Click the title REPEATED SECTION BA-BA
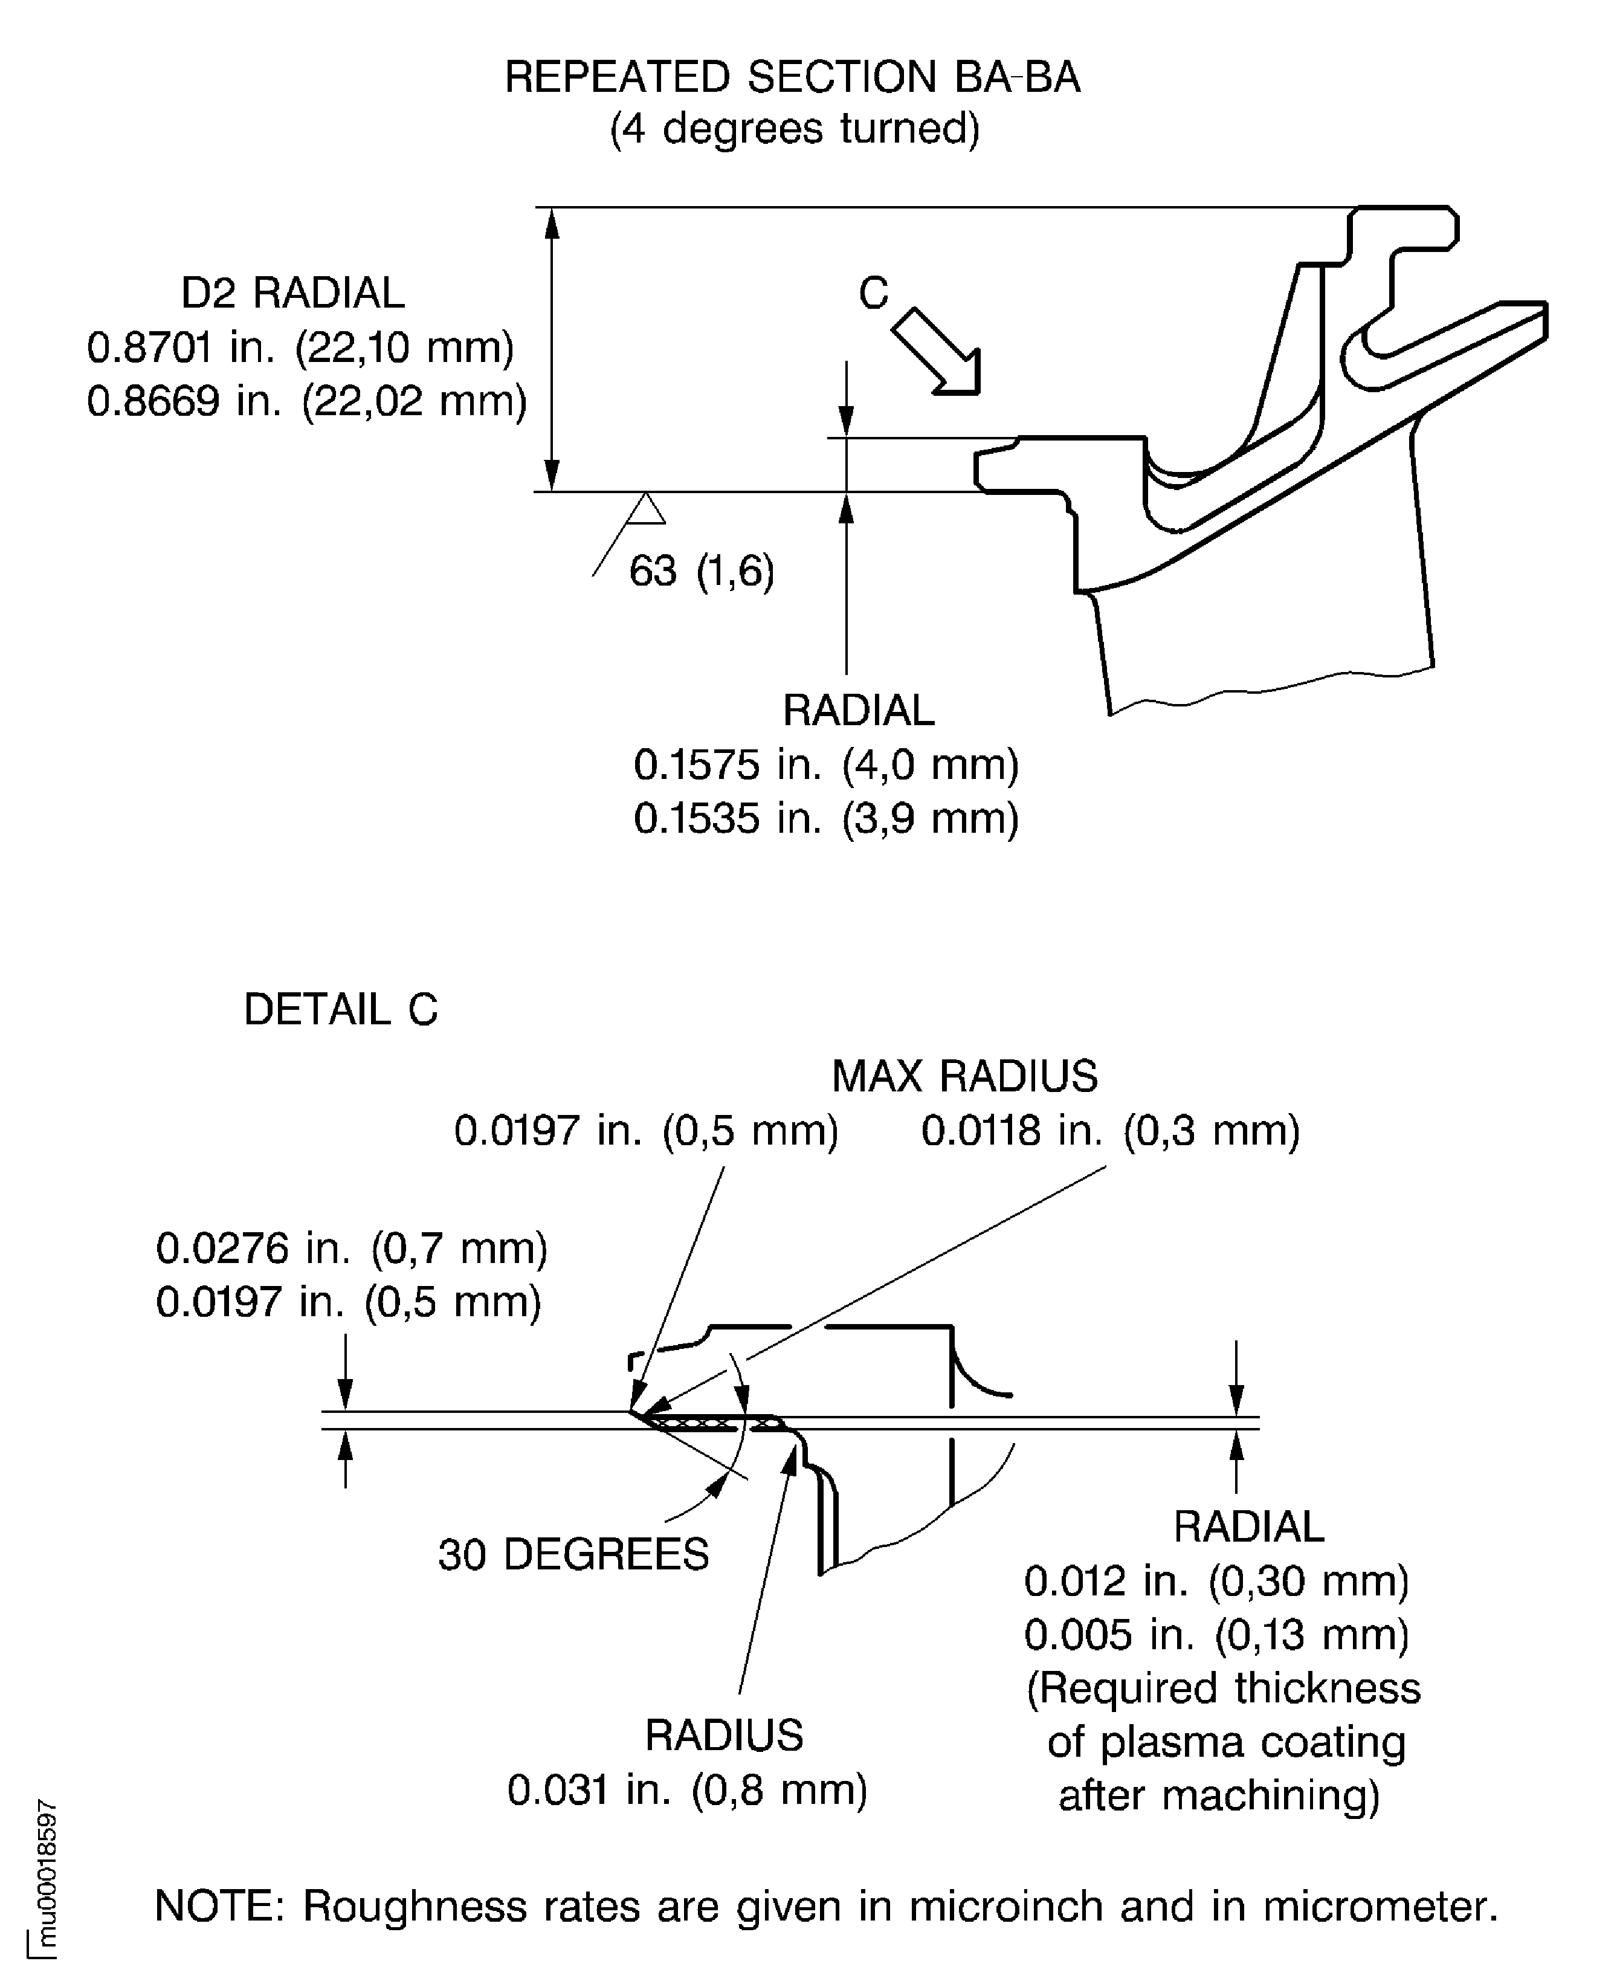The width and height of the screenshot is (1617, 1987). (792, 77)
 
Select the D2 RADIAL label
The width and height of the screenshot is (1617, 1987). (292, 294)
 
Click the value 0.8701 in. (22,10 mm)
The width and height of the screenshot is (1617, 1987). (300, 347)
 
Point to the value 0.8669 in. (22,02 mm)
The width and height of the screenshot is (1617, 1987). (306, 401)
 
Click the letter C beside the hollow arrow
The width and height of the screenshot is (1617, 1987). (873, 294)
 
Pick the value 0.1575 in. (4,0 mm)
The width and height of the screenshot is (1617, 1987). (826, 765)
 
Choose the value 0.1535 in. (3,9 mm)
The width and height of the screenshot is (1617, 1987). (826, 818)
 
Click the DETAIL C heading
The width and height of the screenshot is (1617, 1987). (340, 1010)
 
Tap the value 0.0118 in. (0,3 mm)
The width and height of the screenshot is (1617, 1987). (1110, 1131)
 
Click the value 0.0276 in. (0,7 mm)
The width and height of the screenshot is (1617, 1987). (351, 1249)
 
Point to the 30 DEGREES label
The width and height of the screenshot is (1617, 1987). (573, 1554)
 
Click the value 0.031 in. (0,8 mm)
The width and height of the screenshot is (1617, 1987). (686, 1789)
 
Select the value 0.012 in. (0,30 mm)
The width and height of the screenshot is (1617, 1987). (1216, 1581)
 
